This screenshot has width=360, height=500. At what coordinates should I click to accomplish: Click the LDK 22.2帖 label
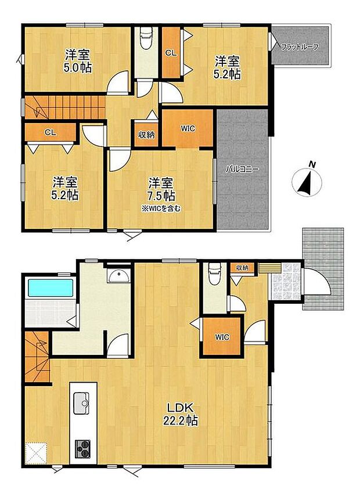coord(180,413)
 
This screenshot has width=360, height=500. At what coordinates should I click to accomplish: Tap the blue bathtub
coord(51,288)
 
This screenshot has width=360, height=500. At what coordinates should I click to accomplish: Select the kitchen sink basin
coord(82,403)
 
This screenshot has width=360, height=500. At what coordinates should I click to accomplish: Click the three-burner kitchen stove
coord(82,449)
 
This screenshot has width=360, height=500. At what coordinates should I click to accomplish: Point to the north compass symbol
coord(307,180)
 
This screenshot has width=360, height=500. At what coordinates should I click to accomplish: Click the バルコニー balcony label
coord(242,169)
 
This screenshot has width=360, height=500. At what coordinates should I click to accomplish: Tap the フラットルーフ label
coord(300,47)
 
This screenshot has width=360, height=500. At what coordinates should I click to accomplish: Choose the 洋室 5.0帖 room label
coord(78,61)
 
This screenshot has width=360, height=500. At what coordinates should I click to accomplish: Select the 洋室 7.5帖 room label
coord(161,189)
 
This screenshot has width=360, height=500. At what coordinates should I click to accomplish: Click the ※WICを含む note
coord(161,209)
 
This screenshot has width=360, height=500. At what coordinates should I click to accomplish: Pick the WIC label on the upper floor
coord(188,128)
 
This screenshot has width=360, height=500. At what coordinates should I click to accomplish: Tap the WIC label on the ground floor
coord(222,337)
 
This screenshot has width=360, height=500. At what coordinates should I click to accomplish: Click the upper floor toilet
coord(146,38)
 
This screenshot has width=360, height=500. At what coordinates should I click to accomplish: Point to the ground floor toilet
coord(214,274)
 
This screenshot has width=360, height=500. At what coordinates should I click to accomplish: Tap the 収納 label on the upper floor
coord(146,135)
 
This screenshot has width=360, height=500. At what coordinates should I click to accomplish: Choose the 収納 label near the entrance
coord(242,268)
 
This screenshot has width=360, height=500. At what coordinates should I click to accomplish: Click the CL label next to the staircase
coord(51,132)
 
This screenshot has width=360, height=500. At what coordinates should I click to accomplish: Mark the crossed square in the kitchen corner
coord(36,453)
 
